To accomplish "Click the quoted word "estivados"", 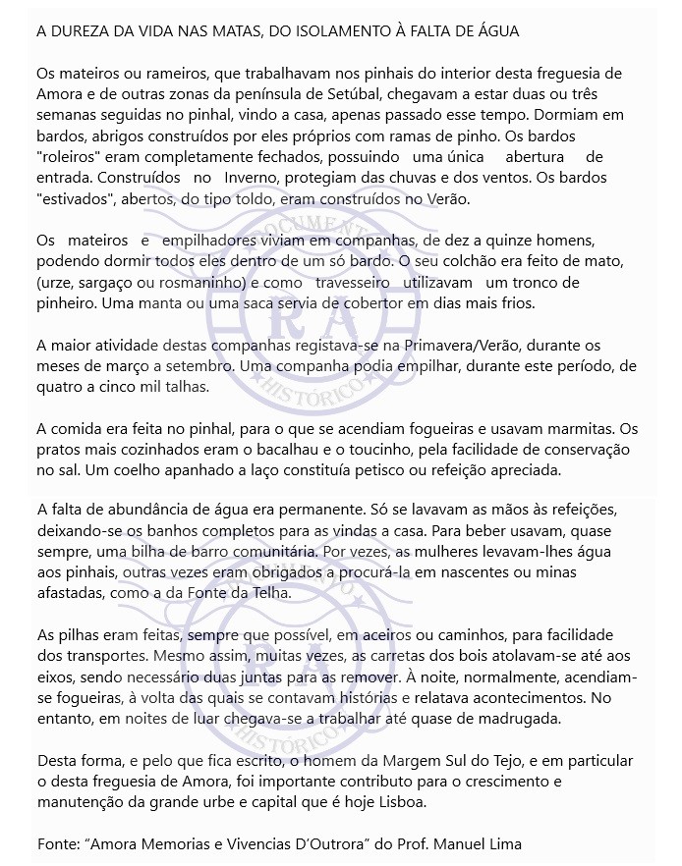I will click(x=73, y=199).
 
